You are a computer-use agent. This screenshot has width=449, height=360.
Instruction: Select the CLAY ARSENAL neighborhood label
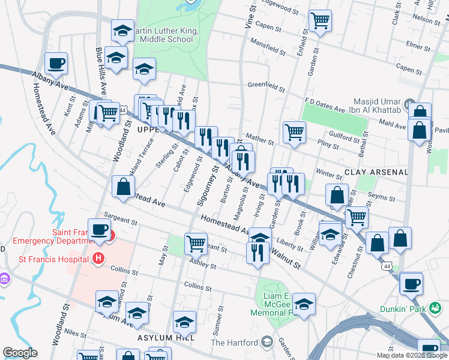(x=376, y=172)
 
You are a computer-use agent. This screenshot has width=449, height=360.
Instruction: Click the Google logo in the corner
(x=20, y=353)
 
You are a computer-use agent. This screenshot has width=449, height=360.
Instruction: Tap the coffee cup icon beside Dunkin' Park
(x=411, y=284)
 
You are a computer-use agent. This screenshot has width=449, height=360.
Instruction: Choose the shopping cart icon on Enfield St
(x=320, y=22)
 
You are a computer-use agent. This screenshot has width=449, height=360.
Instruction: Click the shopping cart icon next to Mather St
(x=294, y=132)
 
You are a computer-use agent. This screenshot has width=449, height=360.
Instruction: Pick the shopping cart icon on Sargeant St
(x=196, y=244)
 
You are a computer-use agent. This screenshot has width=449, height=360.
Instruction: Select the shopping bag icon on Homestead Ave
(x=123, y=187)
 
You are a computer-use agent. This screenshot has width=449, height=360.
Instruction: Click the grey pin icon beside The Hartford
(x=267, y=343)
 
